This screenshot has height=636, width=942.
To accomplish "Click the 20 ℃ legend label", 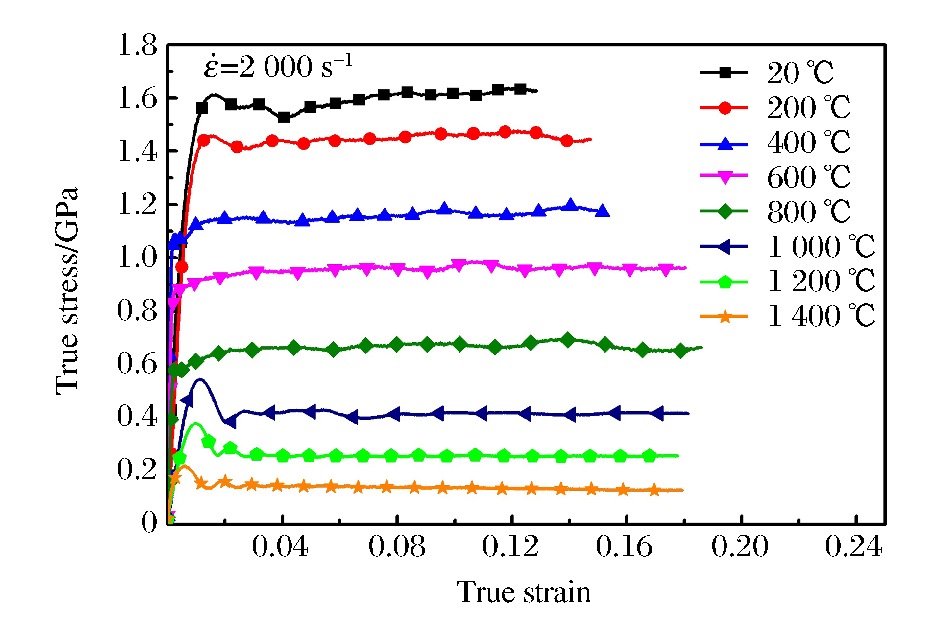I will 800,73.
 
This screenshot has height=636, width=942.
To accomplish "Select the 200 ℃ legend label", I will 809,108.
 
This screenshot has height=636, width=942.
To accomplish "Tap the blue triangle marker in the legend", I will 725,144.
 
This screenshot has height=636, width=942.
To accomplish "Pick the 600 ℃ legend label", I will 809,177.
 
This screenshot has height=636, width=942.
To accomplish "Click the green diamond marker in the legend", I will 725,212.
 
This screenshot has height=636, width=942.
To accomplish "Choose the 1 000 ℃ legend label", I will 821,247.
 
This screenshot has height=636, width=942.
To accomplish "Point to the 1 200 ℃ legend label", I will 821,282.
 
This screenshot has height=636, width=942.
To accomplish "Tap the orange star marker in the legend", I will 725,317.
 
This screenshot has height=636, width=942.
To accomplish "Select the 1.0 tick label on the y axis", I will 138,257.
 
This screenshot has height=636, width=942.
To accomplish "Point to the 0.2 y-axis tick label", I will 138,469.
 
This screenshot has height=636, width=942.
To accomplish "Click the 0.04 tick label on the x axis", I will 280,546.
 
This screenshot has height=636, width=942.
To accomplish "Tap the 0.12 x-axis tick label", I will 510,546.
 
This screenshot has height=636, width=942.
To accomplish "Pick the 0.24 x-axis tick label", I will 853,546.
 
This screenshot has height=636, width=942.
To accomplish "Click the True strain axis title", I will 524,592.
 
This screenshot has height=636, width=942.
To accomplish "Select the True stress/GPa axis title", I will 67,291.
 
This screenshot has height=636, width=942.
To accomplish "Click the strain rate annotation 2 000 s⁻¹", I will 278,67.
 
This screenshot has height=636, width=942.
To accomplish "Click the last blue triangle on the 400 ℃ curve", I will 603,211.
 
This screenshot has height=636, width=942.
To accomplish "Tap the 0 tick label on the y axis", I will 149,522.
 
